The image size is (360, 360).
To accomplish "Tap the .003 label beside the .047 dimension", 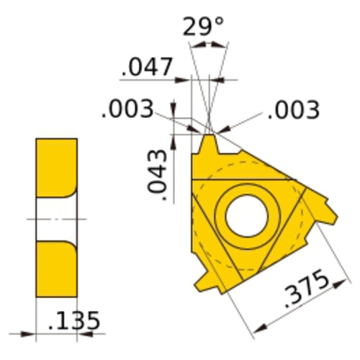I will (x=127, y=109).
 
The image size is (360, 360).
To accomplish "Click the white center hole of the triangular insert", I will (x=246, y=214).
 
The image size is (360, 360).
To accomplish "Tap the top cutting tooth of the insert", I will (x=211, y=144).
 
